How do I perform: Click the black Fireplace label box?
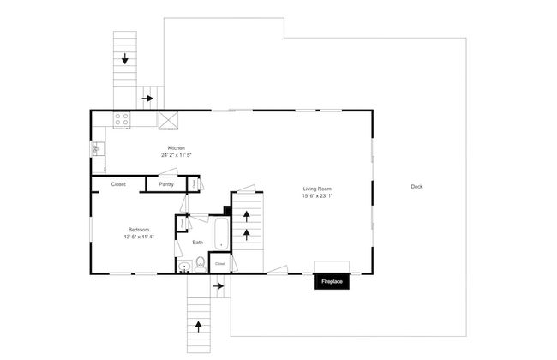[331, 280]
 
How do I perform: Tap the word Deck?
[416, 187]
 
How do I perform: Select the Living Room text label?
[316, 189]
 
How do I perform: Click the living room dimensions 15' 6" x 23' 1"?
[316, 196]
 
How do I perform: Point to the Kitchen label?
[177, 147]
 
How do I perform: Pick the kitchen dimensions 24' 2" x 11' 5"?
[177, 155]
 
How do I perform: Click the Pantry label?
[166, 184]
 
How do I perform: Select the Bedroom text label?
[140, 230]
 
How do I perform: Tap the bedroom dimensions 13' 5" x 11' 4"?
[140, 237]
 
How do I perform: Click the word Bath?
[198, 243]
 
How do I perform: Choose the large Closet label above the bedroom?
[118, 184]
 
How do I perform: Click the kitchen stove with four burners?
[122, 120]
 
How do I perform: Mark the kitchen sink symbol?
[99, 150]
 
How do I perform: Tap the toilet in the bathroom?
[200, 265]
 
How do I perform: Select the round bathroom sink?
[184, 267]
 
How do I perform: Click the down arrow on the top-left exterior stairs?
[126, 59]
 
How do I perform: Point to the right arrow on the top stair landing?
[148, 99]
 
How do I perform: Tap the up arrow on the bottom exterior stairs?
[199, 325]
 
